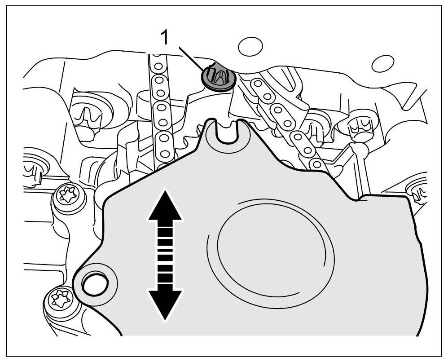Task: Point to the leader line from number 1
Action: (x=190, y=57)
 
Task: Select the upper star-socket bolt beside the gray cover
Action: (x=70, y=196)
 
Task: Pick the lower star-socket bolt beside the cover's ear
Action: (x=61, y=298)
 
